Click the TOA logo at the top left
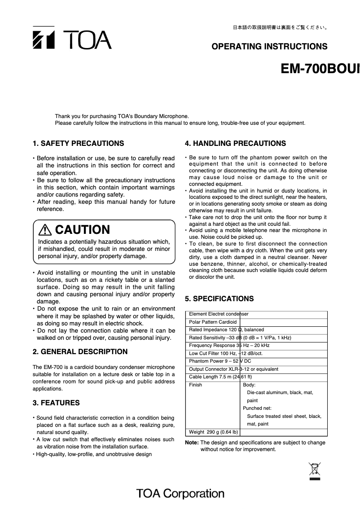pos(72,39)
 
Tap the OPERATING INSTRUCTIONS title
pos(269,47)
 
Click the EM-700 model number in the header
pos(320,69)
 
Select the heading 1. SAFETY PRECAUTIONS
pos(79,144)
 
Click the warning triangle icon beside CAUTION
pos(45,230)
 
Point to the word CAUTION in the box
pos(82,230)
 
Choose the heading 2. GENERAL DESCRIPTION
pos(80,352)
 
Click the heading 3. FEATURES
pos(56,403)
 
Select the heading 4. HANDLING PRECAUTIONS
pos(235,144)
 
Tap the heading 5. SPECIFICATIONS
pos(220,299)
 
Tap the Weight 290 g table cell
pos(213,432)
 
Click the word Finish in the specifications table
pos(196,385)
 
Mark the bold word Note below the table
pos(192,443)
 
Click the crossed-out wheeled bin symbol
pos(314,470)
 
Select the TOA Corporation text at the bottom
pos(180,494)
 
